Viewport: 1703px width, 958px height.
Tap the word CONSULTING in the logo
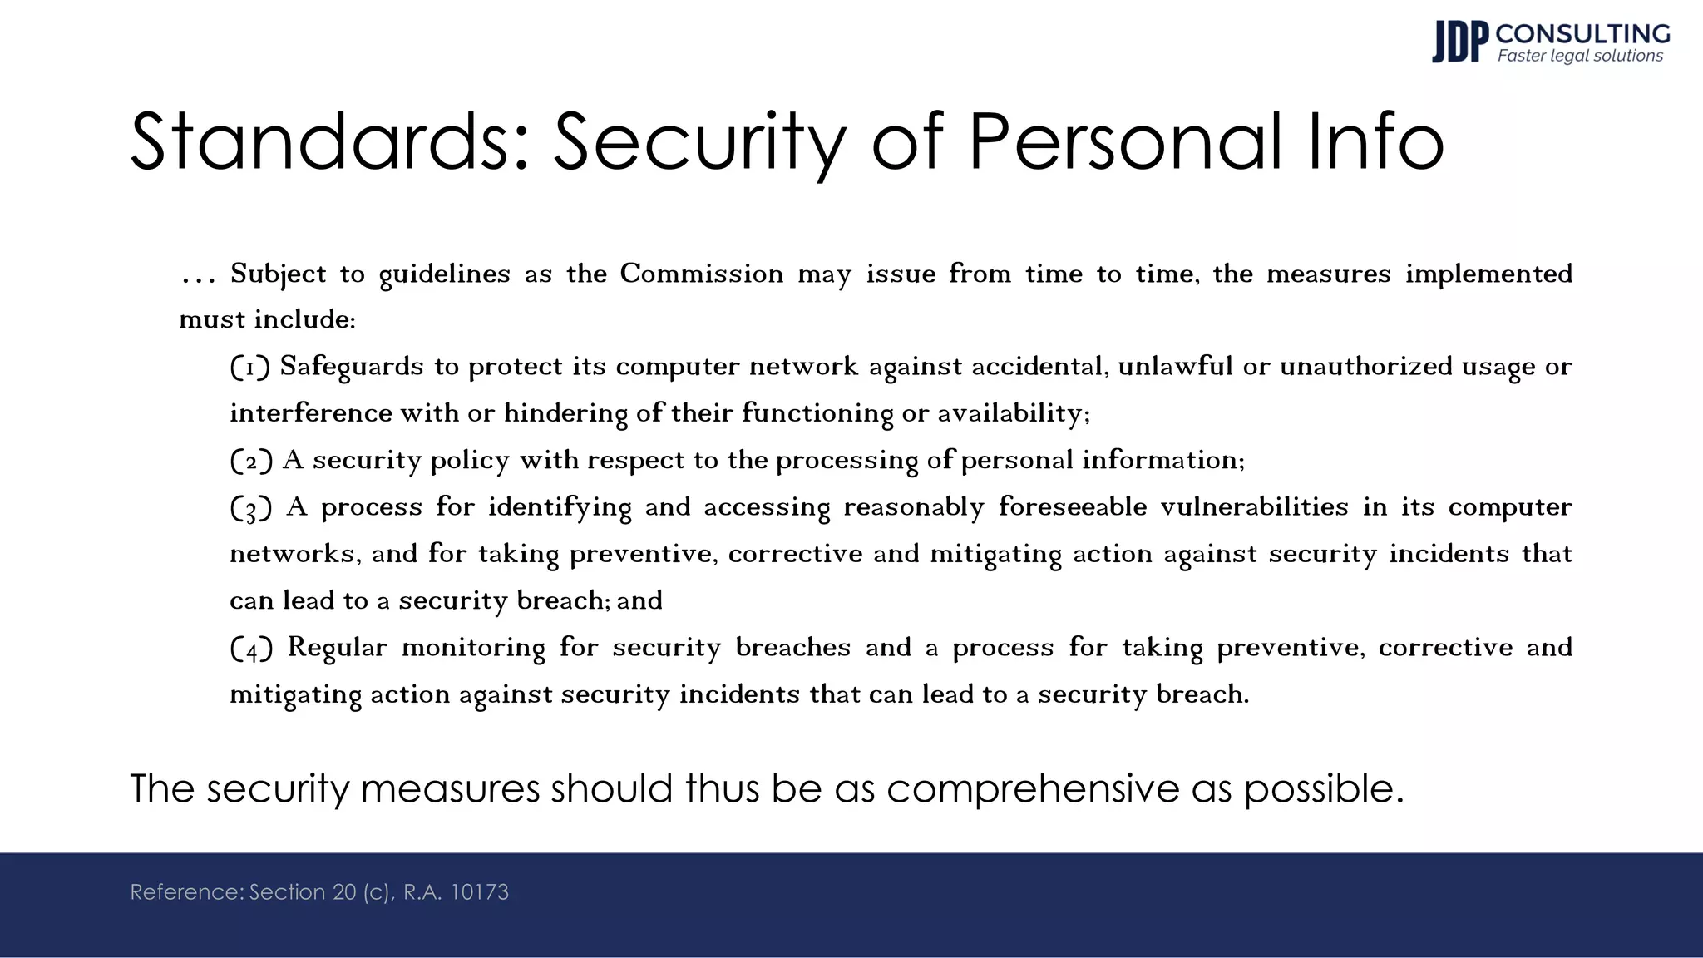(x=1582, y=33)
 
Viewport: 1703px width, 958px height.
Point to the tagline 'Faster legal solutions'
(x=1580, y=56)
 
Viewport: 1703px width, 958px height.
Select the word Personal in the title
(x=1125, y=142)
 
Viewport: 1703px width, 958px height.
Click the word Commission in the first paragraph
(x=702, y=274)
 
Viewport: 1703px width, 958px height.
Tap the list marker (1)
(x=249, y=367)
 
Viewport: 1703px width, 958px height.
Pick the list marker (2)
(x=250, y=461)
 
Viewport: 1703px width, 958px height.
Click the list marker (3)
(x=250, y=507)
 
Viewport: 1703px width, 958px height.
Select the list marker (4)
(x=250, y=648)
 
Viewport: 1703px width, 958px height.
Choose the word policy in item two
(x=469, y=461)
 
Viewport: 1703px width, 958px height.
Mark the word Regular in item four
(x=337, y=648)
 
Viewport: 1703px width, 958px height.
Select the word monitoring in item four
(x=473, y=648)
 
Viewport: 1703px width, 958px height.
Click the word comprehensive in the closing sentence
(x=1032, y=788)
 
